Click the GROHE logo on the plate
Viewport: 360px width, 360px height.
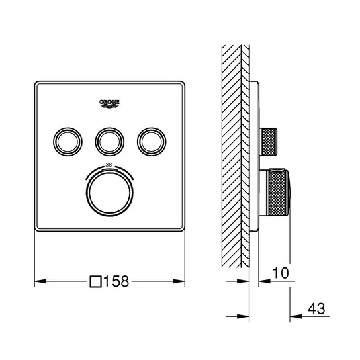[x=109, y=103]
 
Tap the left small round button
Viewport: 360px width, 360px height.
[x=68, y=142]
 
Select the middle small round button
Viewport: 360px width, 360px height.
[x=109, y=142]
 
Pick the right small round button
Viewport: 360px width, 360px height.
[x=152, y=142]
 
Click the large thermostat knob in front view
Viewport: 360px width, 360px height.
[x=109, y=193]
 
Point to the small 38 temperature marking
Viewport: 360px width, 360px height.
[x=109, y=165]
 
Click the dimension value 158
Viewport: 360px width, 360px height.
[x=116, y=281]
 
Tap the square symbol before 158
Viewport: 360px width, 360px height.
[x=95, y=281]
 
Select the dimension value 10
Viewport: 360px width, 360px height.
[x=281, y=273]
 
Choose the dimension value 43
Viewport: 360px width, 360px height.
[x=316, y=308]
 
